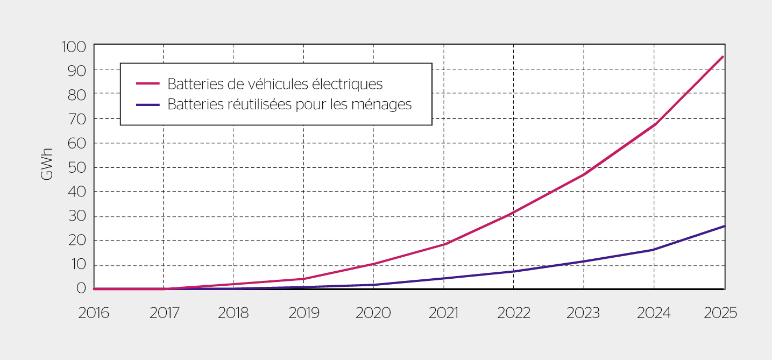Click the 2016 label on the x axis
pos(94,313)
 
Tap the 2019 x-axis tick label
pos(304,313)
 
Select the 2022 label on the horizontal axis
pos(514,313)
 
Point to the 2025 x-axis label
pos(720,313)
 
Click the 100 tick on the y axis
pos(74,47)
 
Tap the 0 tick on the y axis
pos(81,288)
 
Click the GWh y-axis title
pos(47,164)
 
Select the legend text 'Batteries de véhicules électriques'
pos(275,84)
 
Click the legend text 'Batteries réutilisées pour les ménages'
pos(289,104)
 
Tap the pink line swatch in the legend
pos(148,84)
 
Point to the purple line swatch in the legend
pos(148,104)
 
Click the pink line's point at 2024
pos(654,125)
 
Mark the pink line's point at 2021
pos(444,244)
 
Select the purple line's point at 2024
pos(654,250)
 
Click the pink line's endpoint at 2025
pos(723,57)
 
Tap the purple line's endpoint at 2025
pos(724,226)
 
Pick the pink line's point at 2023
pos(584,174)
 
